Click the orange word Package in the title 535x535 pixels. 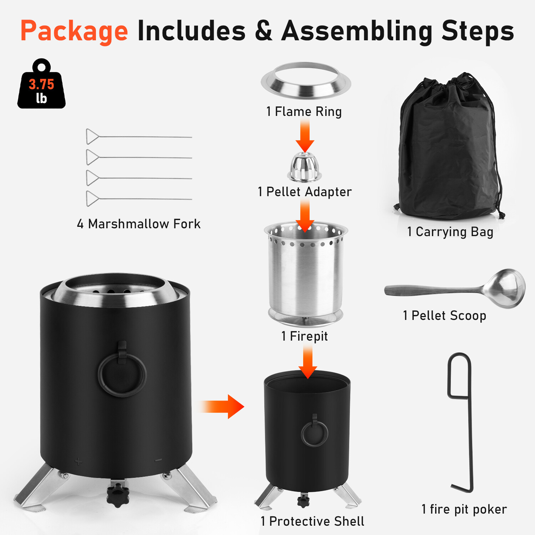(x=74, y=31)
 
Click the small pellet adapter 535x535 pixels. (x=304, y=167)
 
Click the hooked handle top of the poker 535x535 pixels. (x=459, y=374)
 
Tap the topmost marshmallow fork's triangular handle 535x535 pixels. (x=92, y=137)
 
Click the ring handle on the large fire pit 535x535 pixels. (x=122, y=374)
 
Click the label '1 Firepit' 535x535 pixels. (x=304, y=336)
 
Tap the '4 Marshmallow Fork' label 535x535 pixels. (x=139, y=224)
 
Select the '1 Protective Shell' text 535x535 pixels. (x=312, y=521)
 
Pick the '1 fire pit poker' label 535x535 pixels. (x=464, y=509)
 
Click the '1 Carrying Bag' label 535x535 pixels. (x=450, y=232)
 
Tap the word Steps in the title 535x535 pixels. (x=478, y=31)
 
